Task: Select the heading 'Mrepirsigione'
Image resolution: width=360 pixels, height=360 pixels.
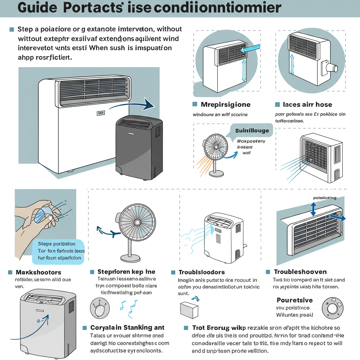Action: point(225,104)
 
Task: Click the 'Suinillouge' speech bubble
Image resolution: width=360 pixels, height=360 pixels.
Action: point(252,131)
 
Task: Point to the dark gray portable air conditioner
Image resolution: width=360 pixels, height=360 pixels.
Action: point(139,147)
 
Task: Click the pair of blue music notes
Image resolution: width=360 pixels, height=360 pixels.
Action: point(127,306)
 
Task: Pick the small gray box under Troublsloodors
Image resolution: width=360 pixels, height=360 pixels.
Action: point(189,310)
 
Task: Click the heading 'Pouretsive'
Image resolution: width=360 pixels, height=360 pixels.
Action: point(295,300)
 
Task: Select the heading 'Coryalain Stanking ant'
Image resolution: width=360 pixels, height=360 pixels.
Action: point(127,328)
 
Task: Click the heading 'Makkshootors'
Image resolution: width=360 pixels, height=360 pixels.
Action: point(38,272)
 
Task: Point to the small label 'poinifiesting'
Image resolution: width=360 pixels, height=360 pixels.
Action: point(324,198)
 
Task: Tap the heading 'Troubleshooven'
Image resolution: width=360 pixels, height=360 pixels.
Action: point(300,272)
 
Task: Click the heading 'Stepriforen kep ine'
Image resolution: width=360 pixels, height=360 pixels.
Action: point(126,272)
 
